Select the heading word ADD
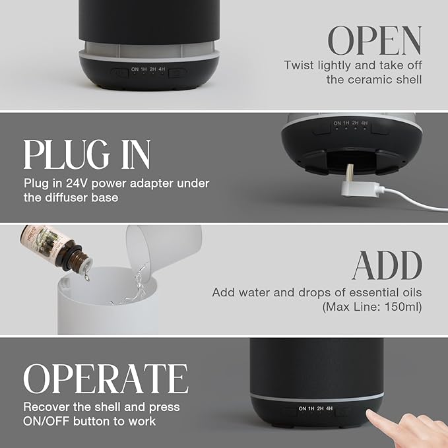point(387,265)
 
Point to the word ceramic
point(377,80)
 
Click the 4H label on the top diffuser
point(162,69)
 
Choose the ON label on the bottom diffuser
point(302,409)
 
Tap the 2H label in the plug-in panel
point(355,123)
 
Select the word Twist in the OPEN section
point(300,65)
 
